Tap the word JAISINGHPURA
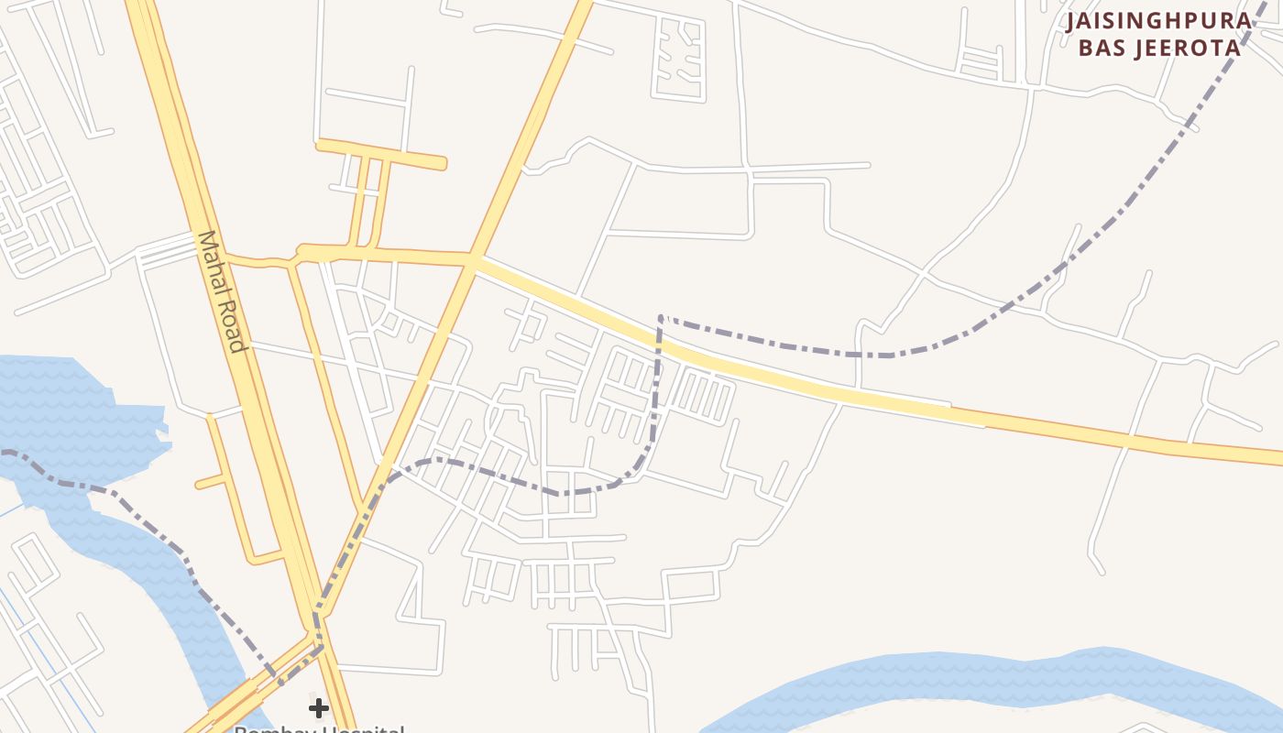tap(1158, 21)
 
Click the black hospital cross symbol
tap(318, 707)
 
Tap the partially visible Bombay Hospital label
tap(318, 728)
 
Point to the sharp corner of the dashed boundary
tap(661, 318)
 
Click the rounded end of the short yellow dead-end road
tap(441, 164)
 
